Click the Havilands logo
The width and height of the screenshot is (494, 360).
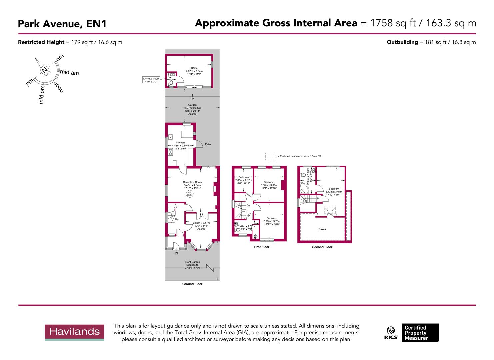pos(75,332)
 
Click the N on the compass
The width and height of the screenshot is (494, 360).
pos(44,70)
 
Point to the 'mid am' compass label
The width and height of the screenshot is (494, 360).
pos(69,72)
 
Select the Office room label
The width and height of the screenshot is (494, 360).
pos(194,68)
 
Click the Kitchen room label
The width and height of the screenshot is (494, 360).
pos(180,143)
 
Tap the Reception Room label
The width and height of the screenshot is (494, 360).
pos(192,182)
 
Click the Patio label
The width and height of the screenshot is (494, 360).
pos(208,144)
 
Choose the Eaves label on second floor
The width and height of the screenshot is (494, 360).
pos(322,229)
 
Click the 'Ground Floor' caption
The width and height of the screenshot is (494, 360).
pos(192,284)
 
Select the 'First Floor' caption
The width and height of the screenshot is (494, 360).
pos(261,247)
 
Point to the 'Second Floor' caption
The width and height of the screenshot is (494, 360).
pos(322,247)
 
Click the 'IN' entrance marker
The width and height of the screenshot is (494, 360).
pos(176,253)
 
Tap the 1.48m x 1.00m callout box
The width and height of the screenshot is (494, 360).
pos(151,80)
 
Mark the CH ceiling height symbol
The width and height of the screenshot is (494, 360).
pos(189,194)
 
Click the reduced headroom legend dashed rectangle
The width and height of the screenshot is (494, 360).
pos(271,156)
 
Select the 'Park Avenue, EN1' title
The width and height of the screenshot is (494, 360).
pos(62,24)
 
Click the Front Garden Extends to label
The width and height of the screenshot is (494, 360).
pos(192,265)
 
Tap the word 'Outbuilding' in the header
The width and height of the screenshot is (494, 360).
pos(402,42)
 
